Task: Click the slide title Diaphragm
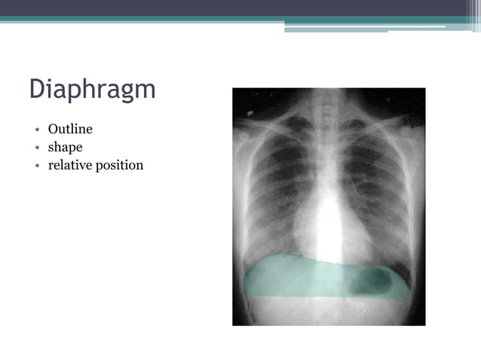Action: [x=92, y=90]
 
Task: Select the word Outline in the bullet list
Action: [x=70, y=130]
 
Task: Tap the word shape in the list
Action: [x=65, y=148]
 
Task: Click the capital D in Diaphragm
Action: [x=38, y=89]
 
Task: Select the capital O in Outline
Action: [x=53, y=130]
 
